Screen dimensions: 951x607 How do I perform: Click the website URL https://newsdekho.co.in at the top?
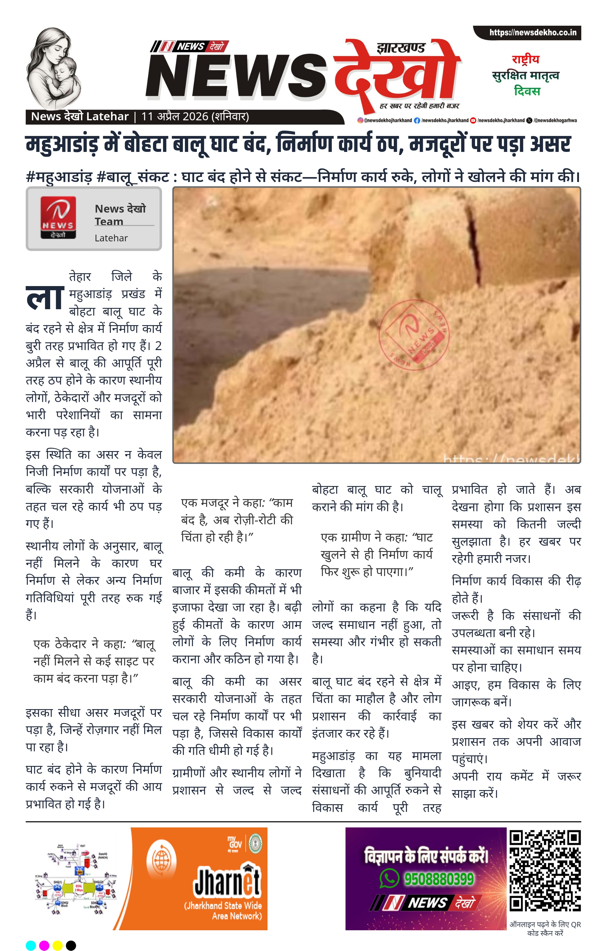[x=532, y=32]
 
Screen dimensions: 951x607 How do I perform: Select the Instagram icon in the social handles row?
[x=360, y=121]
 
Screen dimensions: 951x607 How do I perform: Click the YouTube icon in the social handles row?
[x=473, y=121]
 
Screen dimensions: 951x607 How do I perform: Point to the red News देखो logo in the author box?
[x=58, y=218]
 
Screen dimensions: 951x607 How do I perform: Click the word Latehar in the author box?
[x=111, y=238]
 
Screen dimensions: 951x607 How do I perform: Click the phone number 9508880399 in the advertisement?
[x=438, y=879]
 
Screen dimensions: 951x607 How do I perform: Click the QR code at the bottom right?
[x=545, y=871]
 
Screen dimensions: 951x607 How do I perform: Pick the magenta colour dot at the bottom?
[x=44, y=945]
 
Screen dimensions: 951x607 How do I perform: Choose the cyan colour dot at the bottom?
[x=31, y=945]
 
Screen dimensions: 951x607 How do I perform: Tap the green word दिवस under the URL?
[x=527, y=91]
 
